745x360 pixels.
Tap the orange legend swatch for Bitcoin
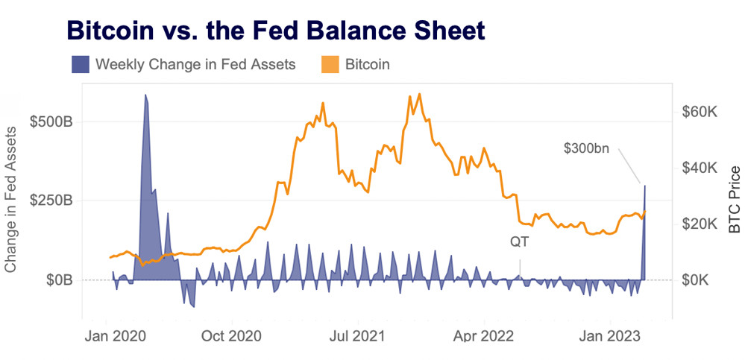[x=328, y=64]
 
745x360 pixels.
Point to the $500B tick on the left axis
[x=51, y=121]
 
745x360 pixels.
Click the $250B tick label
[x=51, y=200]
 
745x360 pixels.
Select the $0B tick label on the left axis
[x=59, y=280]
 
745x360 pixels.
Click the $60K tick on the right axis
[x=699, y=112]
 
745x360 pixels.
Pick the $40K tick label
[x=699, y=168]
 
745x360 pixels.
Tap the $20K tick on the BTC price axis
[x=699, y=224]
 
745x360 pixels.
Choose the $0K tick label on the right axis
[x=702, y=280]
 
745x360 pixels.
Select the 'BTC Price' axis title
[x=735, y=200]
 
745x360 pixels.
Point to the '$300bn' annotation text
[x=586, y=148]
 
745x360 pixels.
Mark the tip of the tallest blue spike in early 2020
[x=145, y=95]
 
